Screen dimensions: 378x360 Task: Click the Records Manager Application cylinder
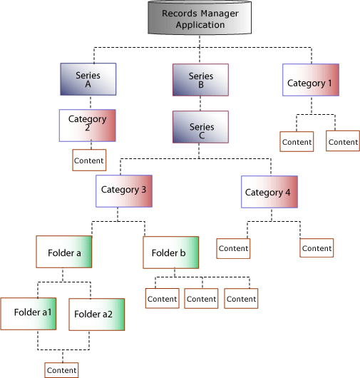pos(200,18)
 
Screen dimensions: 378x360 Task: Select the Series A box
pos(88,79)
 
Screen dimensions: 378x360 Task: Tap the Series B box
pos(200,80)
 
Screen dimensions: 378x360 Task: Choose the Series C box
pos(200,127)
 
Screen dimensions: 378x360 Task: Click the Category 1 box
pos(310,81)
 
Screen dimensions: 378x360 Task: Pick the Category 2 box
pos(87,125)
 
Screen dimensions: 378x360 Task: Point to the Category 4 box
pos(269,193)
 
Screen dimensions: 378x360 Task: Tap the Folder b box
pos(170,253)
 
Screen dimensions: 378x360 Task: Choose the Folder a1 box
pos(29,312)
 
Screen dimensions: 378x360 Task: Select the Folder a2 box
pos(97,314)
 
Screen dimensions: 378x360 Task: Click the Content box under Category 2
pos(89,160)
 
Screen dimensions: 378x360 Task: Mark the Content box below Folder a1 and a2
pos(61,369)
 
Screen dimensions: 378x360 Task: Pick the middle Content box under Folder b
pos(201,298)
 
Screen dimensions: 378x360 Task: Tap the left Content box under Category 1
pos(297,141)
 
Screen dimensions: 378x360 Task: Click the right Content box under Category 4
pos(317,248)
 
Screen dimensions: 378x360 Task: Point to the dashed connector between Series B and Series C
pos(200,103)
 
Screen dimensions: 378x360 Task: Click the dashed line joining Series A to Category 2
pos(88,102)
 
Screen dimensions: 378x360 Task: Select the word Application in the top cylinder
pos(200,25)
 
